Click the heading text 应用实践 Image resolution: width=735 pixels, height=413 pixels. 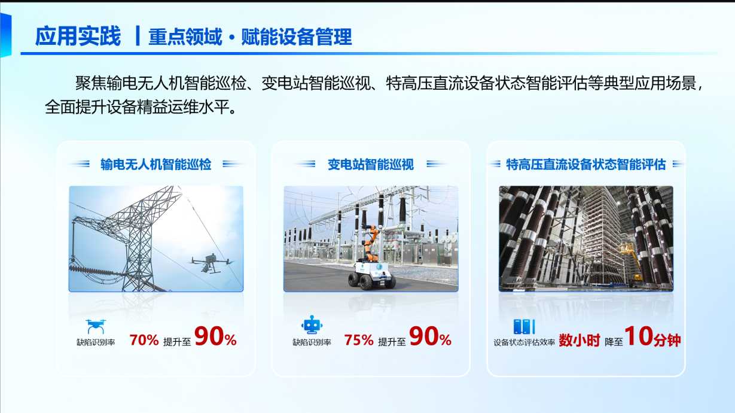78,36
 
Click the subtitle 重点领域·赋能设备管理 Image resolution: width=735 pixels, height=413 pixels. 250,37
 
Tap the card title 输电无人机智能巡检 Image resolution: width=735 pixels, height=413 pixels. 156,165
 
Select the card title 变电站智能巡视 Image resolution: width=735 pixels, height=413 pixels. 371,165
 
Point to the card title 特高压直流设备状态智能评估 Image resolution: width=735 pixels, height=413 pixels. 585,165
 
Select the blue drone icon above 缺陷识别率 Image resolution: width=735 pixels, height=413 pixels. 96,326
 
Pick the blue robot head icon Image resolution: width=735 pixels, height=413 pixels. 312,325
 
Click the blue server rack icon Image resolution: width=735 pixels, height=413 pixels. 524,326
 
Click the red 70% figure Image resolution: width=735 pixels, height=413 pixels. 144,341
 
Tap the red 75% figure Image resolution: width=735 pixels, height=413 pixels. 359,341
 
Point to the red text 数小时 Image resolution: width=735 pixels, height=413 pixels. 580,341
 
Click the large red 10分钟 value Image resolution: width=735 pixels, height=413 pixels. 652,337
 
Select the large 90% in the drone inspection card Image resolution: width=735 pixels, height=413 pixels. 215,336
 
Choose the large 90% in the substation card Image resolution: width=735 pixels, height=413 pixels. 430,336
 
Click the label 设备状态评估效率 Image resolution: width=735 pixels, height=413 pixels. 524,342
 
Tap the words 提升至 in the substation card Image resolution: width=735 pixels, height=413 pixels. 392,342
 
